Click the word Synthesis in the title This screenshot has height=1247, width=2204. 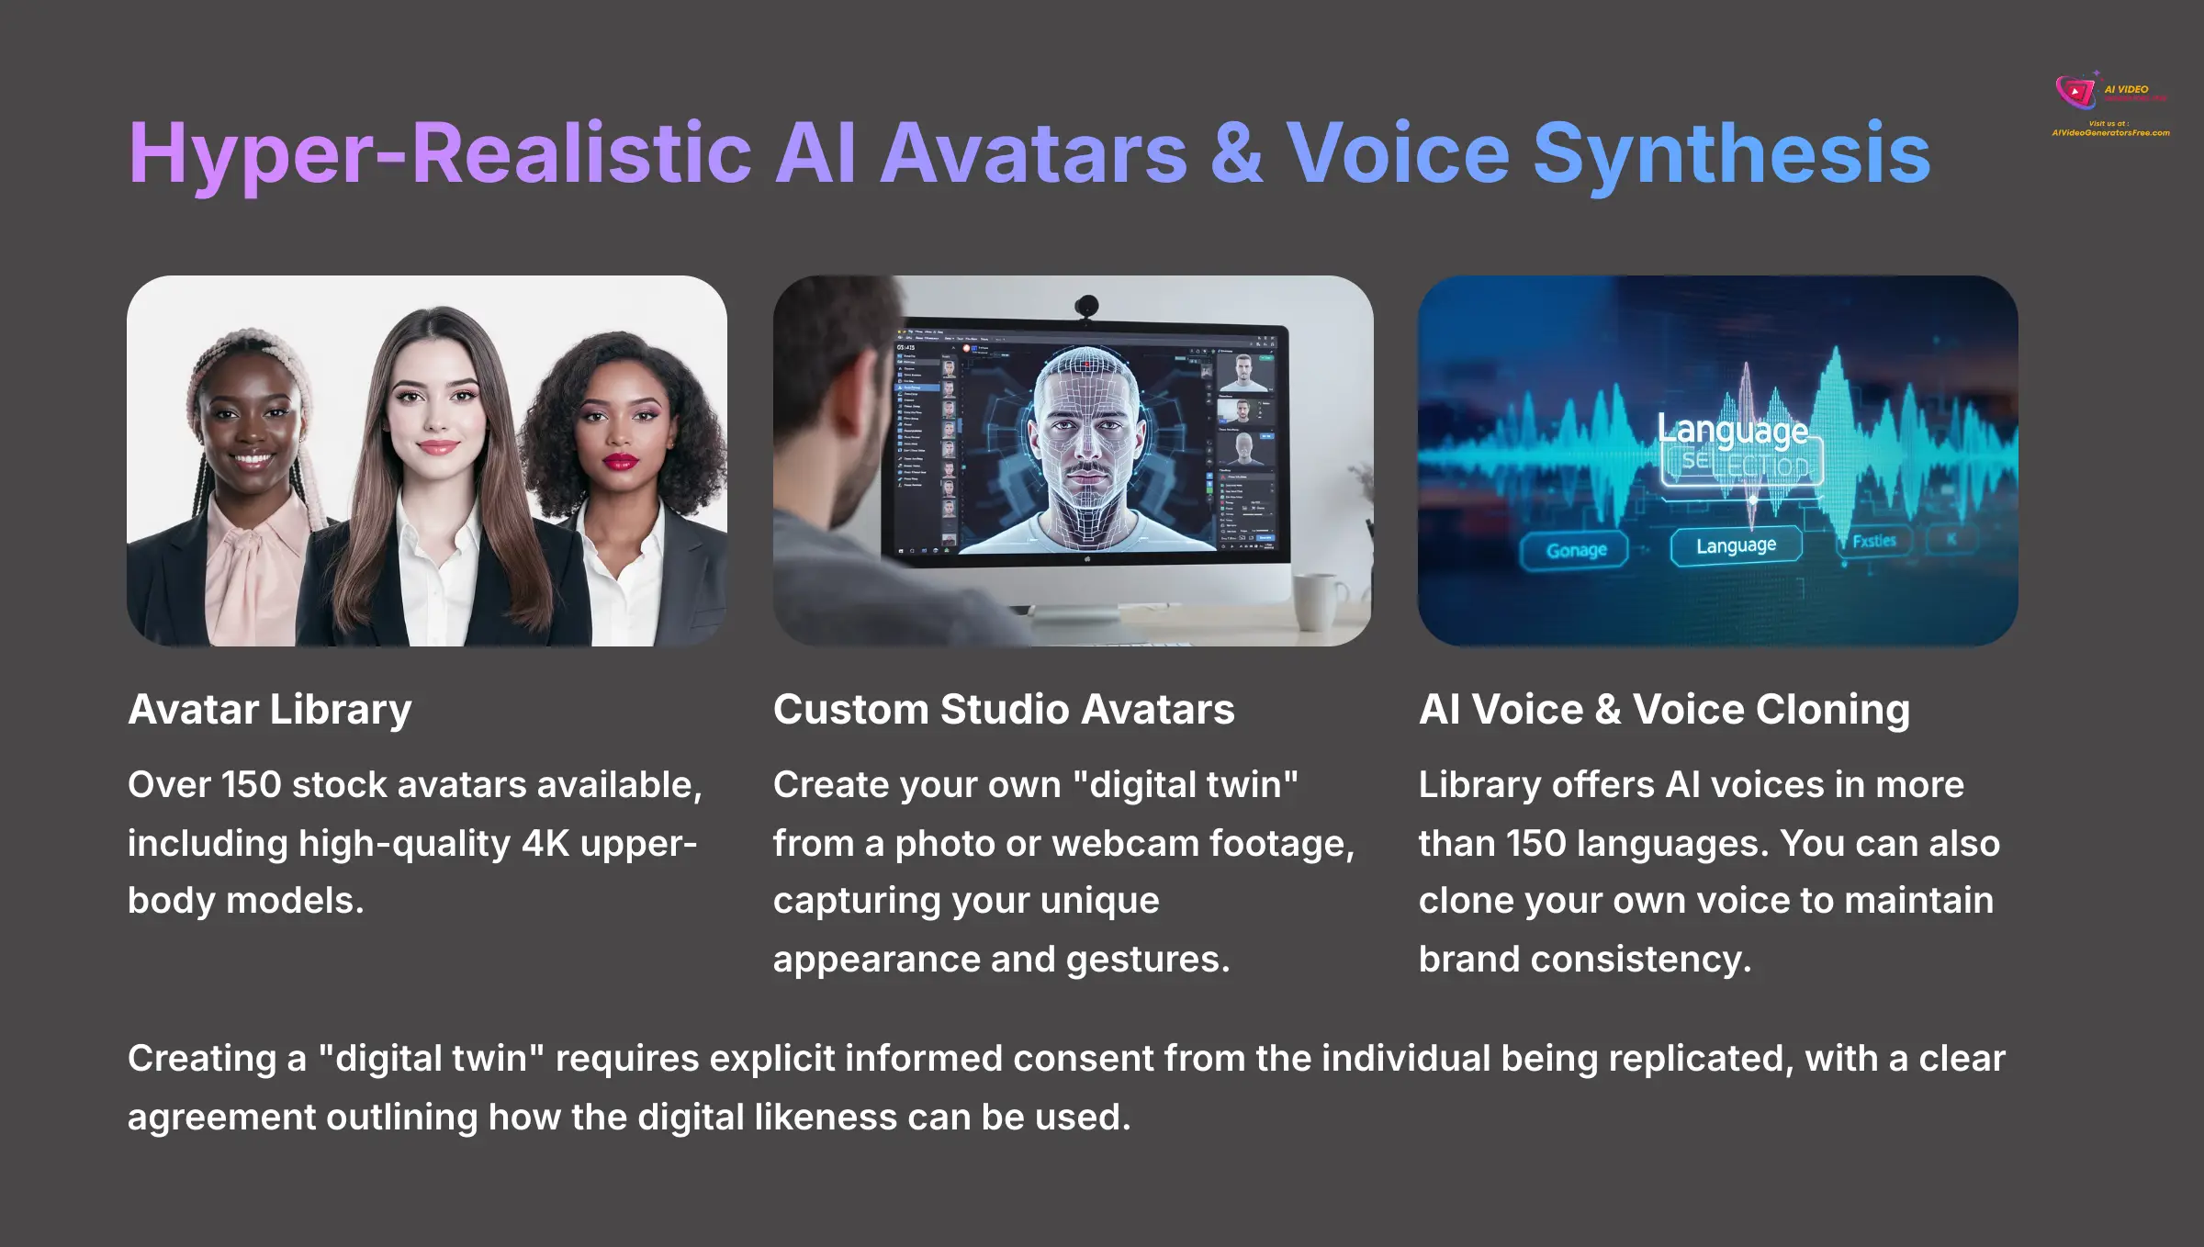click(1731, 153)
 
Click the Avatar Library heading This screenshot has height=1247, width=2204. click(270, 709)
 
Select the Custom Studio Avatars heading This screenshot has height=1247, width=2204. click(1004, 709)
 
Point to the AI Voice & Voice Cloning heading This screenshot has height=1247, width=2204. click(1664, 709)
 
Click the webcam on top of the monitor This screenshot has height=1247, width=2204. click(1087, 306)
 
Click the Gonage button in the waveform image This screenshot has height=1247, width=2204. click(1576, 550)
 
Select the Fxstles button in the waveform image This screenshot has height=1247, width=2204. click(1873, 541)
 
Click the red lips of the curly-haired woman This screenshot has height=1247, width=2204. click(620, 460)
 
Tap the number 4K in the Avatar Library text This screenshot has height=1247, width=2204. click(545, 843)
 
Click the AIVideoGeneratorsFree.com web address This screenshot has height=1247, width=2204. click(2110, 133)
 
